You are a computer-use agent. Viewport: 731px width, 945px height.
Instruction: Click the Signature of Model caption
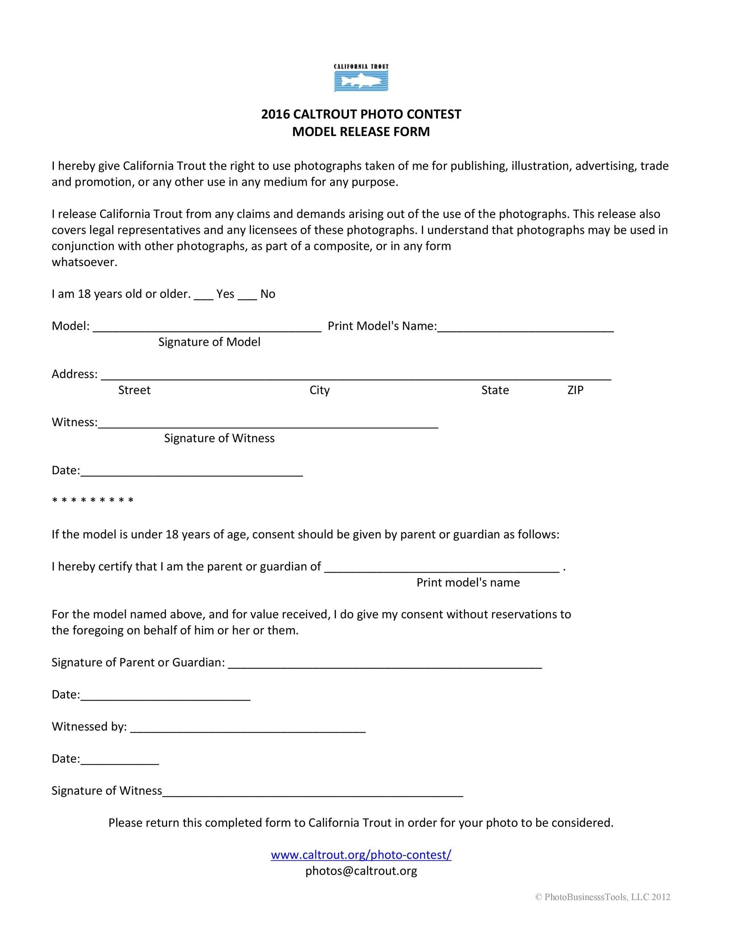[x=209, y=342]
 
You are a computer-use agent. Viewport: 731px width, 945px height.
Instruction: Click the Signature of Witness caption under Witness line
[x=219, y=438]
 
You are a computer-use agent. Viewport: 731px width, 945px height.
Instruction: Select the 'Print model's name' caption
[x=468, y=583]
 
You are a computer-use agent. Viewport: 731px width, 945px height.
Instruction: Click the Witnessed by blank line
[x=248, y=729]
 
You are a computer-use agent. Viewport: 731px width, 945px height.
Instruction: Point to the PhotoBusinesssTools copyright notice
[x=603, y=897]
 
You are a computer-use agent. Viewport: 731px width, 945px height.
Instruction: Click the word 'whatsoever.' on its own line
[x=84, y=262]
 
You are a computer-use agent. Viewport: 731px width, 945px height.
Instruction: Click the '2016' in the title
[x=275, y=114]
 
